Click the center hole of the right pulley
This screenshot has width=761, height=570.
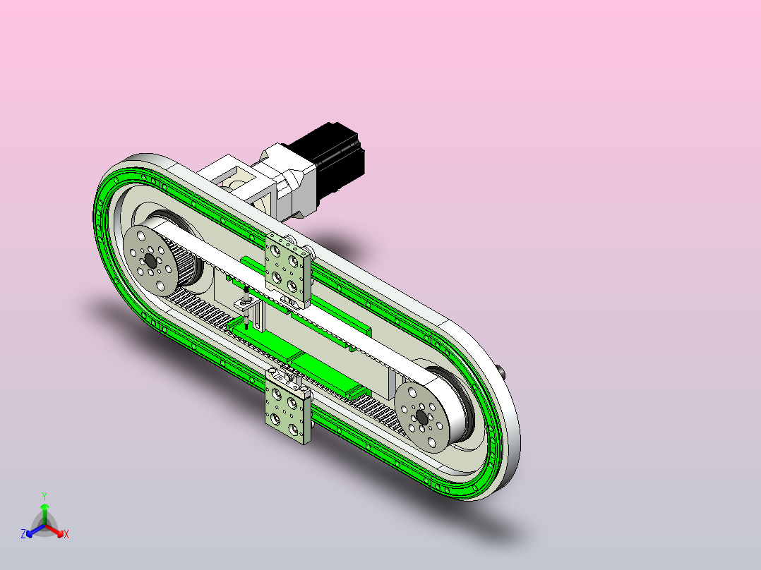point(421,417)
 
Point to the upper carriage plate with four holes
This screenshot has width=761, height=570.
point(287,269)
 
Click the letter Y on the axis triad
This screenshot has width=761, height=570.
point(44,497)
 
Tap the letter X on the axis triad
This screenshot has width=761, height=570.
point(66,534)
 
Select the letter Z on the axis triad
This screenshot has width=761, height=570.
point(23,534)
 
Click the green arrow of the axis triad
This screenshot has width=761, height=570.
point(44,514)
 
